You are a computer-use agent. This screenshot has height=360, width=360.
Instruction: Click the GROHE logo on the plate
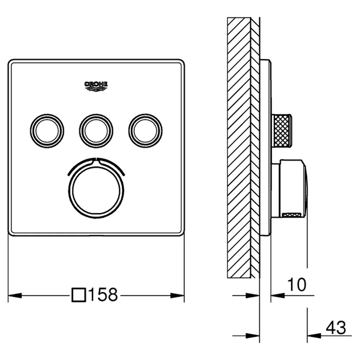[96, 86]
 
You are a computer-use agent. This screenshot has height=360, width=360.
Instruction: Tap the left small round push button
[47, 131]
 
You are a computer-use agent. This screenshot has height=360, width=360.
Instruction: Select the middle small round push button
[96, 131]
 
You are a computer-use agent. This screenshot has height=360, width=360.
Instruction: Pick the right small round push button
[145, 131]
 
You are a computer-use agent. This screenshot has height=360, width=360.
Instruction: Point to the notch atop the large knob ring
[96, 160]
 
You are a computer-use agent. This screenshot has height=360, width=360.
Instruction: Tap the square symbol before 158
[79, 295]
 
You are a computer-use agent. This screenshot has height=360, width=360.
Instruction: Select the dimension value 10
[297, 284]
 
